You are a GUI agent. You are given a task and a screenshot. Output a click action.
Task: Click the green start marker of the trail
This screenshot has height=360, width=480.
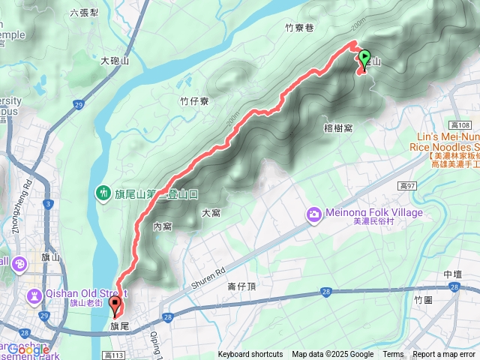(365, 57)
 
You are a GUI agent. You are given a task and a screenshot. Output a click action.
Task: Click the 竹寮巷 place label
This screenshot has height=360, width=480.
(298, 28)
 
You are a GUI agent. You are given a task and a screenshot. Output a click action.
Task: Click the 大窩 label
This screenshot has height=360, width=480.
(211, 213)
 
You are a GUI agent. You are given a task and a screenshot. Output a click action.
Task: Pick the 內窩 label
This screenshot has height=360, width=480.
(163, 226)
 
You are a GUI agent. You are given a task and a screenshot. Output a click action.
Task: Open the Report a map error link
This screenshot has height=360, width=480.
(444, 355)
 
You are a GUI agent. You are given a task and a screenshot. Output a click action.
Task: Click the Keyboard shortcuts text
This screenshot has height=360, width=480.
(250, 355)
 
